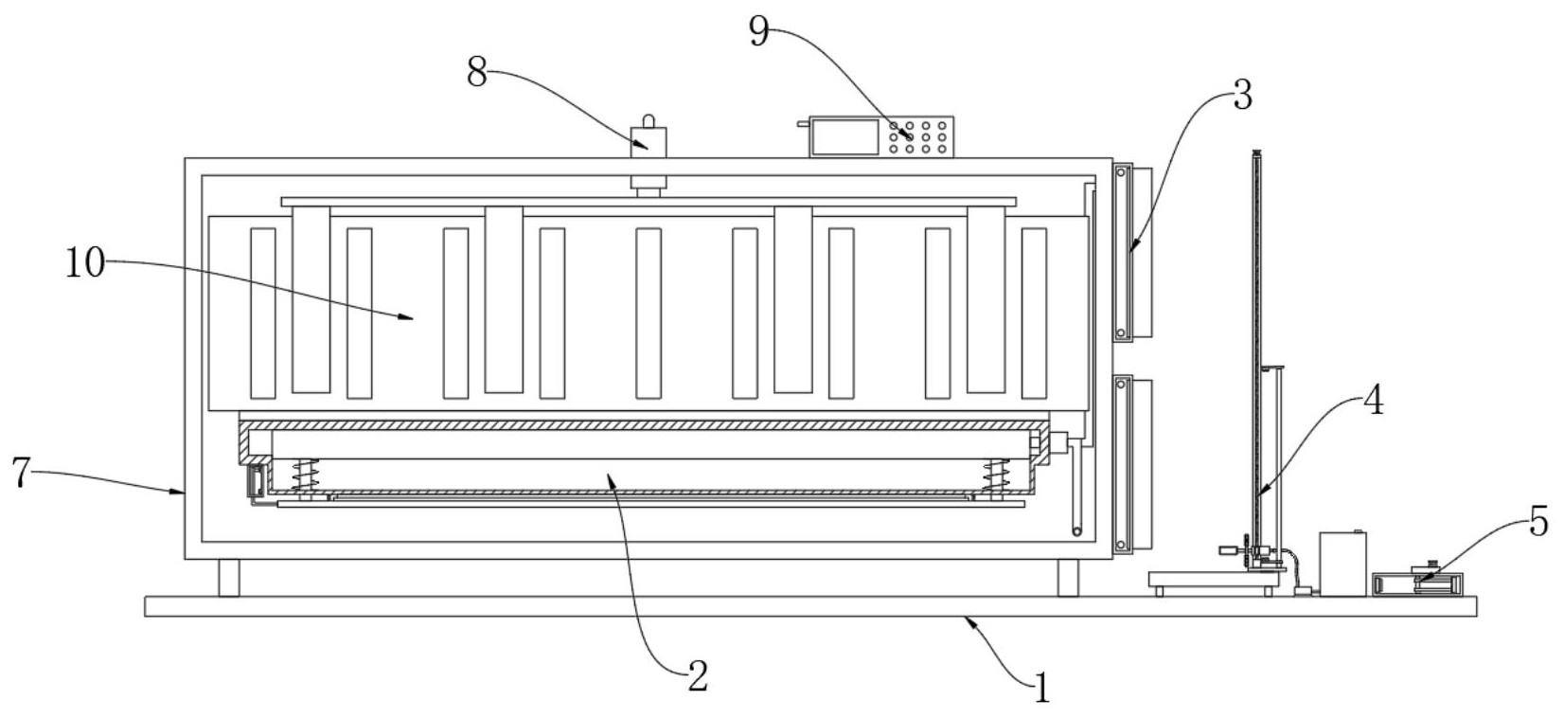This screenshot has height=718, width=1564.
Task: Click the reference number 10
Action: click(x=84, y=264)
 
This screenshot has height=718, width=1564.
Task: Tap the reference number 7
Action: click(x=21, y=473)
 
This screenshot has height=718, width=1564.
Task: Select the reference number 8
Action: click(x=477, y=71)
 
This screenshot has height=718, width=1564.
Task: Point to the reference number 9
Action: click(x=758, y=30)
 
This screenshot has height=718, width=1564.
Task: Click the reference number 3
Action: click(x=1242, y=95)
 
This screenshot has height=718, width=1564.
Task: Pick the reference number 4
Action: click(x=1374, y=402)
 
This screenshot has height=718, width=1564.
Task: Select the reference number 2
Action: click(x=699, y=676)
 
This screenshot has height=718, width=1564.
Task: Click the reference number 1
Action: click(x=1041, y=688)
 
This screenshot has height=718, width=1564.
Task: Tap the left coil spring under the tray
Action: click(x=305, y=476)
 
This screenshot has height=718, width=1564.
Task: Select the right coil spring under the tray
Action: click(x=996, y=476)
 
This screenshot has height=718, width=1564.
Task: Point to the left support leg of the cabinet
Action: click(x=228, y=578)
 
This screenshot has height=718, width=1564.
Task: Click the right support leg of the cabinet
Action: click(x=1068, y=578)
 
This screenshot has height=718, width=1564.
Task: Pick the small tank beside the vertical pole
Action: click(x=1342, y=564)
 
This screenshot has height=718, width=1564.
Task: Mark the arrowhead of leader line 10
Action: click(x=406, y=317)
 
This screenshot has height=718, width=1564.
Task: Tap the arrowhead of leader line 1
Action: click(x=969, y=621)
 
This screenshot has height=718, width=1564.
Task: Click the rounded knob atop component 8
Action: click(x=649, y=121)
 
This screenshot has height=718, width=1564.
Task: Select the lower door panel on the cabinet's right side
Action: click(x=1133, y=465)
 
